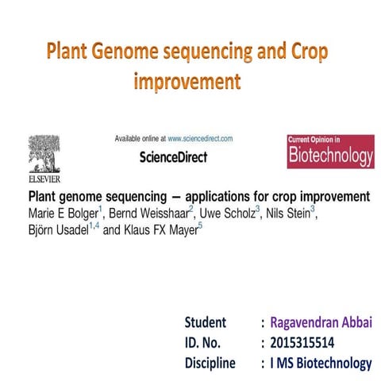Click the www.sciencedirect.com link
[x=200, y=139]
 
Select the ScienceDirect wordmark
[x=173, y=157]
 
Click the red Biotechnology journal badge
[x=329, y=152]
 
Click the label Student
[x=206, y=322]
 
